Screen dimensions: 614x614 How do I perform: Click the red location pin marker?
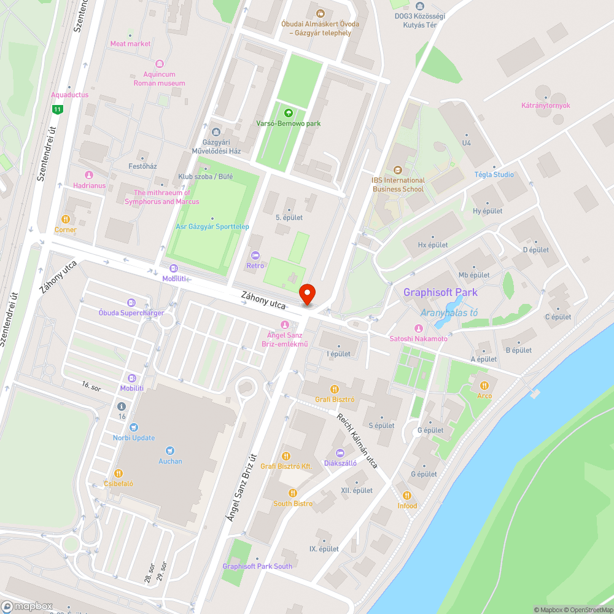coord(307,294)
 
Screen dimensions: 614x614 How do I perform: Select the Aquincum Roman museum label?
coord(160,79)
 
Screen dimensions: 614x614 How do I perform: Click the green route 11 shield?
coord(57,109)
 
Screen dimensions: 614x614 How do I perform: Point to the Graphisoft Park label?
coord(440,292)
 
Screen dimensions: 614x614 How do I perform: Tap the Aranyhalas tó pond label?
coord(448,313)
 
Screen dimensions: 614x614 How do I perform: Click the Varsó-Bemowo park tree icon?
coord(288,112)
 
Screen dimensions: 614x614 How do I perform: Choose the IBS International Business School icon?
coord(398,169)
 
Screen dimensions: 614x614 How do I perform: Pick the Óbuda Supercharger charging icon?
coord(131,302)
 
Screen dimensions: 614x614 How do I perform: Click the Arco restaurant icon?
coord(484,385)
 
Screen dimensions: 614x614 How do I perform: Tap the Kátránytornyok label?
coord(545,106)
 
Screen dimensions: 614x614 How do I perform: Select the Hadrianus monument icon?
coord(89,175)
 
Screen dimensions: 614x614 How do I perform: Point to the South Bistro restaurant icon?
coord(293,492)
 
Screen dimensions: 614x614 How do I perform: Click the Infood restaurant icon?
coord(406,495)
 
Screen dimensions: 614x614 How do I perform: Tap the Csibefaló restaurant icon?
coord(119,473)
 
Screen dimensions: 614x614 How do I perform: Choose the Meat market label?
coord(130,44)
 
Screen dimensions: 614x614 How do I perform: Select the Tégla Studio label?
coord(494,174)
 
